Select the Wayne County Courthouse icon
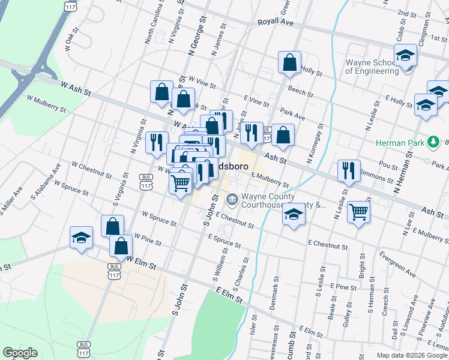tap(232, 199)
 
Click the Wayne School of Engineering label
tap(372, 66)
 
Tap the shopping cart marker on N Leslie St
tap(358, 211)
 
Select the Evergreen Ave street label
tap(393, 268)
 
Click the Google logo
tap(20, 353)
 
